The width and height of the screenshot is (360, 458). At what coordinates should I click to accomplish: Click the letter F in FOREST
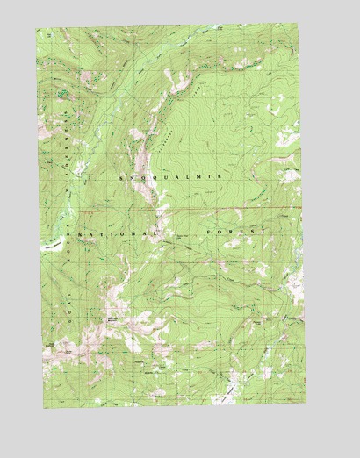pyautogui.click(x=207, y=232)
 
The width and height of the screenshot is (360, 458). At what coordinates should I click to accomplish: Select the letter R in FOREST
pyautogui.click(x=228, y=231)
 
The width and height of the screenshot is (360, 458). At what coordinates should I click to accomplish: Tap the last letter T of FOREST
pyautogui.click(x=261, y=231)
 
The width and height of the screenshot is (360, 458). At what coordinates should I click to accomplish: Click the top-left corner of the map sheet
pyautogui.click(x=36, y=28)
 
